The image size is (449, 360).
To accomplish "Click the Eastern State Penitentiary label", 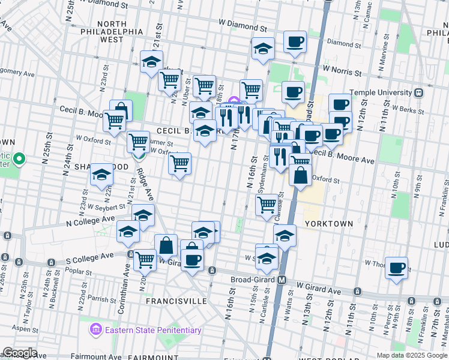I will tap(152, 330).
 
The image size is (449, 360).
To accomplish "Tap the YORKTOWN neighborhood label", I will tap(328, 223).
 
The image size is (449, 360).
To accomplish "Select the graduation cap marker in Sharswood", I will tap(101, 175).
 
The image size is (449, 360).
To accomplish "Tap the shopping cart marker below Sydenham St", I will tap(267, 204).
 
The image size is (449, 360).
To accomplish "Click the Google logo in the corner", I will tap(19, 353).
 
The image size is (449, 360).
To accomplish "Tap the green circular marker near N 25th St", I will tap(19, 159).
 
